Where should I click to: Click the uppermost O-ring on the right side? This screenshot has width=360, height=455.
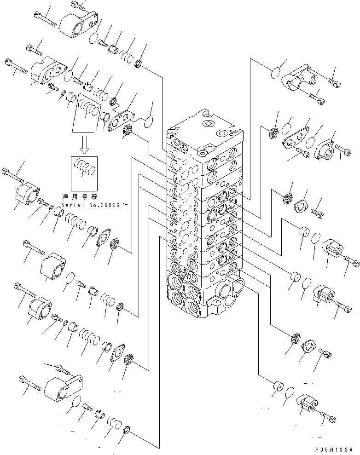(275, 72)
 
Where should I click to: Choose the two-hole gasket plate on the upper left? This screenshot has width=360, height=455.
(122, 120)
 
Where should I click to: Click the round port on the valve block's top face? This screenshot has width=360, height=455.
(208, 124)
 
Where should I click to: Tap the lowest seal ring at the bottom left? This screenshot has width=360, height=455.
(128, 431)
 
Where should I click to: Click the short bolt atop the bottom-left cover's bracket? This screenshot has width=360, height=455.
(63, 369)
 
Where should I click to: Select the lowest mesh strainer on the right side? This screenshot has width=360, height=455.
(296, 340)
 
